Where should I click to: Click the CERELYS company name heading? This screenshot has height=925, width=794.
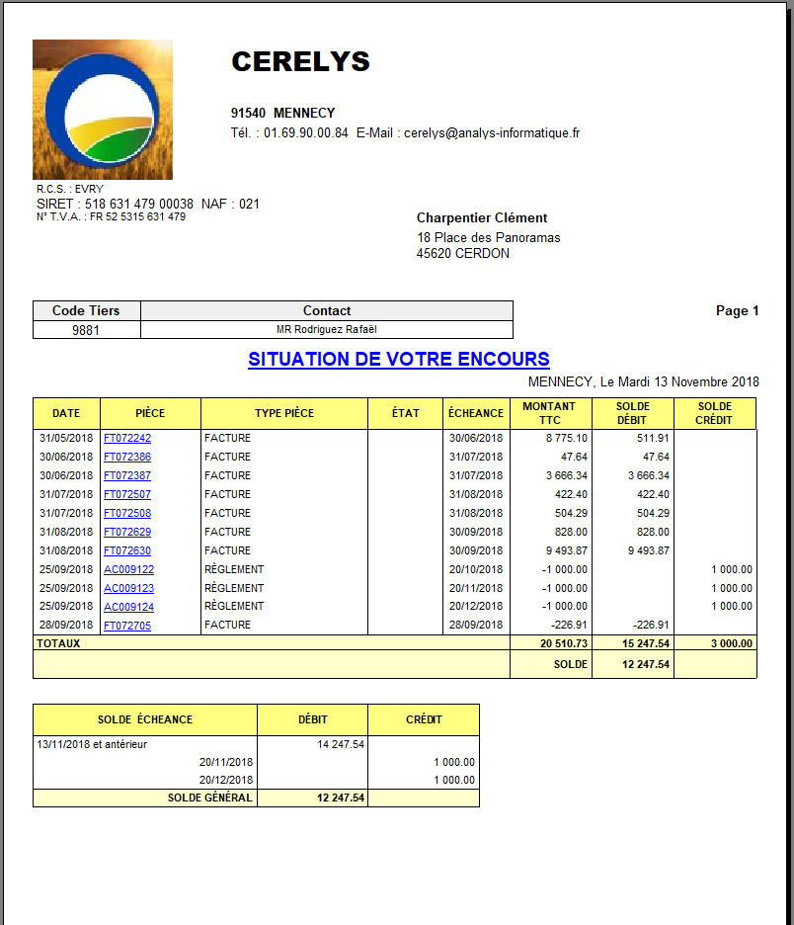(x=300, y=61)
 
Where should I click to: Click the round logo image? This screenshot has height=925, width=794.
(x=103, y=109)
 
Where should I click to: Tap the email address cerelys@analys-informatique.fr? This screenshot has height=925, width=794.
(x=492, y=132)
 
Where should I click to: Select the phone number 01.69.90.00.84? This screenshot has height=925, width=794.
(x=305, y=132)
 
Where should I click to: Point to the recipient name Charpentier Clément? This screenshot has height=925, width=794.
(x=482, y=218)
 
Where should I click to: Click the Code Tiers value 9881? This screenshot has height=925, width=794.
(x=86, y=330)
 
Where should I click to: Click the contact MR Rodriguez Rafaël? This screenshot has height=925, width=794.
(x=327, y=329)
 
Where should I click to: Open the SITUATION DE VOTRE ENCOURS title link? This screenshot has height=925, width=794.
(x=398, y=359)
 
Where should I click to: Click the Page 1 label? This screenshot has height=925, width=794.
(x=737, y=310)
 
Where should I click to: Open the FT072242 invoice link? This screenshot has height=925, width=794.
(x=127, y=438)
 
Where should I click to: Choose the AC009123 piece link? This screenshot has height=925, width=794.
(x=128, y=588)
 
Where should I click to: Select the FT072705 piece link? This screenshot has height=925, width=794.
(x=127, y=626)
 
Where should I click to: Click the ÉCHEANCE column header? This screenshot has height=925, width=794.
(x=475, y=413)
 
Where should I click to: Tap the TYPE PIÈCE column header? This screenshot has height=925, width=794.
(x=283, y=413)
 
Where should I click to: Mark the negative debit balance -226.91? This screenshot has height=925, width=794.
(x=651, y=625)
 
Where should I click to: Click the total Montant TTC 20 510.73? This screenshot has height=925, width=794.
(x=564, y=643)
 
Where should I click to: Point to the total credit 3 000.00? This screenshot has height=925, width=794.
(x=731, y=643)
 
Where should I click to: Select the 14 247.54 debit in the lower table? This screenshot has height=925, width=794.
(x=341, y=744)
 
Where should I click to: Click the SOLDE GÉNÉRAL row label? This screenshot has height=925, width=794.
(x=209, y=798)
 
